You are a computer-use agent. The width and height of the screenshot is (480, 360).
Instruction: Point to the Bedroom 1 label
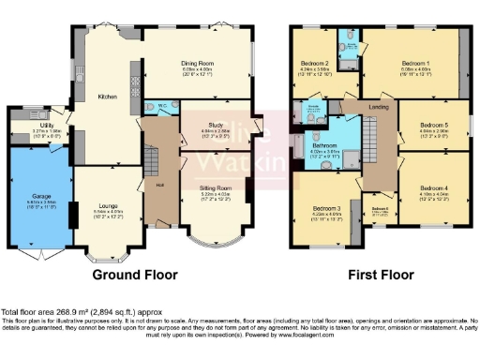pyautogui.click(x=414, y=65)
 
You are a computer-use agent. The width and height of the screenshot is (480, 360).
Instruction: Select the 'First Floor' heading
pyautogui.click(x=381, y=276)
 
